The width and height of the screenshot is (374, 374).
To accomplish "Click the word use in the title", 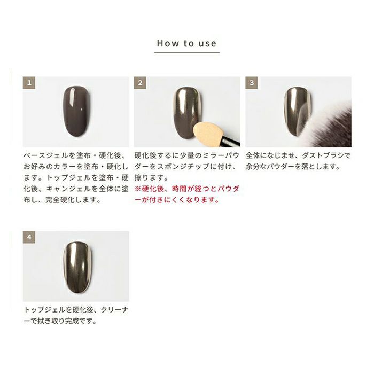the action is click(x=207, y=44).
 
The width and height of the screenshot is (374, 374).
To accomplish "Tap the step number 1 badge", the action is click(x=29, y=83).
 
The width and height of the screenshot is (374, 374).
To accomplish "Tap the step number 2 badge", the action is click(x=140, y=83).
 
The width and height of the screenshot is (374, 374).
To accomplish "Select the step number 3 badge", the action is click(x=252, y=83).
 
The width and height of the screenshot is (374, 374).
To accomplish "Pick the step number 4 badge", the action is click(x=29, y=237).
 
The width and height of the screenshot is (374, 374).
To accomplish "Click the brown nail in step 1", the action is click(x=77, y=111).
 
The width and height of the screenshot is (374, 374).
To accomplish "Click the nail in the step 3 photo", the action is click(x=297, y=111).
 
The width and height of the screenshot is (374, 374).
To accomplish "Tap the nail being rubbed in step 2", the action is click(x=188, y=111).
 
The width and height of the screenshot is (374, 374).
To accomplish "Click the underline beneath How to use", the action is click(x=187, y=52).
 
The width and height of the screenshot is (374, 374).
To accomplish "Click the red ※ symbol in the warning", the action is click(x=138, y=189).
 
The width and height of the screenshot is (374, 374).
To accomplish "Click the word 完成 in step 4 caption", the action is click(x=72, y=321).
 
